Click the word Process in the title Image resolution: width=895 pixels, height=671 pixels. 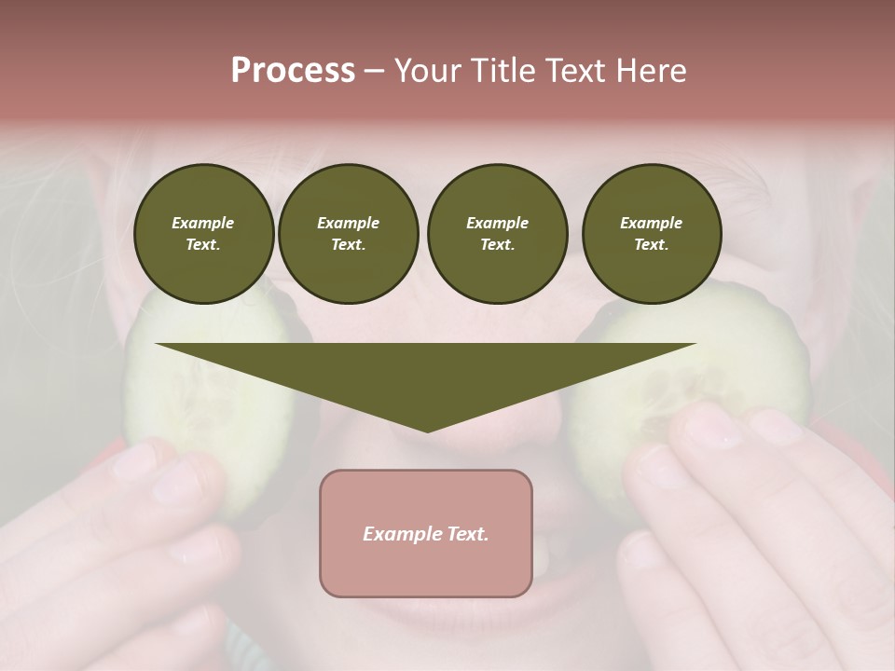293,71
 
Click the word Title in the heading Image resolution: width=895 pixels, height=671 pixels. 504,71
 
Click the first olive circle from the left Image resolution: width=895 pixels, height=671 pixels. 203,234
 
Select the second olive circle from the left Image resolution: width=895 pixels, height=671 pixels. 348,234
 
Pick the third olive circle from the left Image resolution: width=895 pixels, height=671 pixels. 497,234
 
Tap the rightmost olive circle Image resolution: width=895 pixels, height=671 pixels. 651,234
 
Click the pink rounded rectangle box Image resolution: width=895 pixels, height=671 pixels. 425,533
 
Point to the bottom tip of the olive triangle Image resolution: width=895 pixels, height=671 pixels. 427,430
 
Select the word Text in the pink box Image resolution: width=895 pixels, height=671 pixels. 468,534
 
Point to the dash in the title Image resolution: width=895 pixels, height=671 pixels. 374,71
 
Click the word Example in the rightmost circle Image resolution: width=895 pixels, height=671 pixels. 651,223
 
